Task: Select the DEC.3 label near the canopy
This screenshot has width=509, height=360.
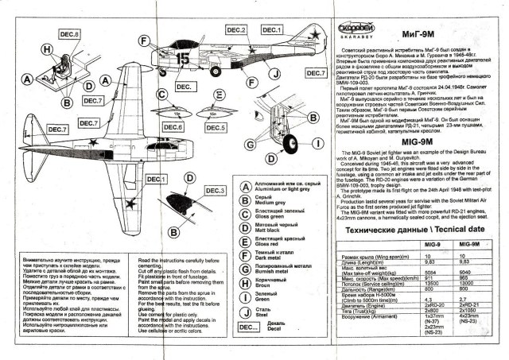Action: [216, 190]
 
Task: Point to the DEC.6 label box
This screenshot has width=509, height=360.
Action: [173, 127]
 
